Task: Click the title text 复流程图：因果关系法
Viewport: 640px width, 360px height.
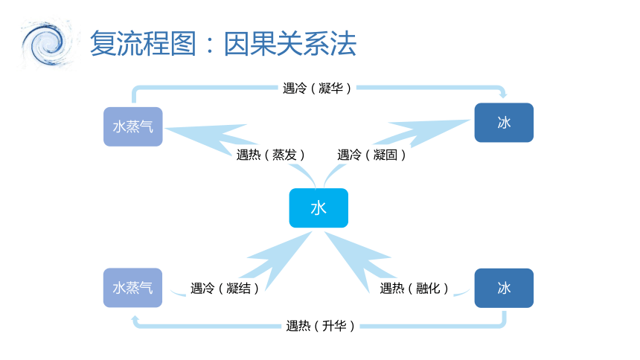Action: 223,43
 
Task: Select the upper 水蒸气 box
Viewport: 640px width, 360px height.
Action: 133,126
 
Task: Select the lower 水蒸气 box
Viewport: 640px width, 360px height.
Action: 132,288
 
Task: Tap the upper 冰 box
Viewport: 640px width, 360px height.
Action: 504,123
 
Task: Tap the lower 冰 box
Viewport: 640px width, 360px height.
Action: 504,288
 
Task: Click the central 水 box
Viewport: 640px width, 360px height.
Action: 319,208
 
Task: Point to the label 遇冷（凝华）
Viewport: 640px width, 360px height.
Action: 317,89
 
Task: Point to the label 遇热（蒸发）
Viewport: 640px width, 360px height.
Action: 270,155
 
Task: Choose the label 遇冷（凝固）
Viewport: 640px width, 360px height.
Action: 371,155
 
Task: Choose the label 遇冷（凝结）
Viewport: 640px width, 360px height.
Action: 225,288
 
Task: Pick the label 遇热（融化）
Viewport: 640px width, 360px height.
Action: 414,288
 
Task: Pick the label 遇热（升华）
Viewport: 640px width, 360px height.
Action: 320,326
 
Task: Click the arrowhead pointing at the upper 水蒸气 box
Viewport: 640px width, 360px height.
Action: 204,137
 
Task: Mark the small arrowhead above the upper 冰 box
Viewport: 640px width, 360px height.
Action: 503,94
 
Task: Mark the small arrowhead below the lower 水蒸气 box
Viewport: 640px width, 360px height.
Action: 135,319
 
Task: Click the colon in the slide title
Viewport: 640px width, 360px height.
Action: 210,45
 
